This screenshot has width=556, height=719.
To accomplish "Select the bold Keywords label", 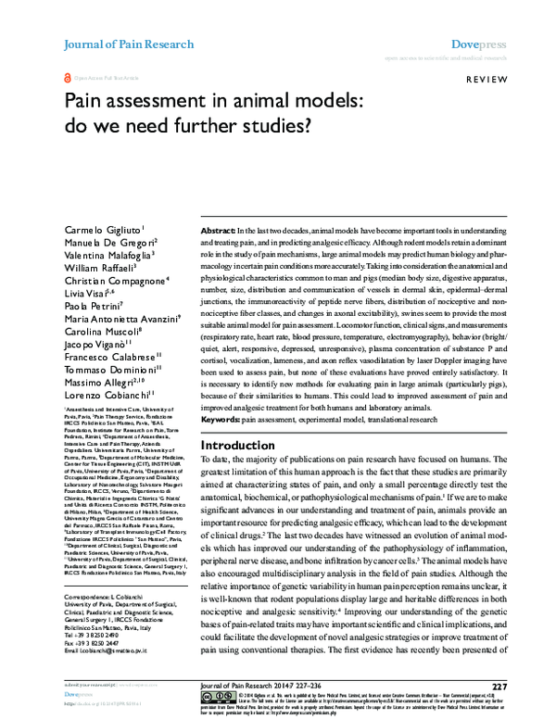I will pyautogui.click(x=223, y=420).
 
